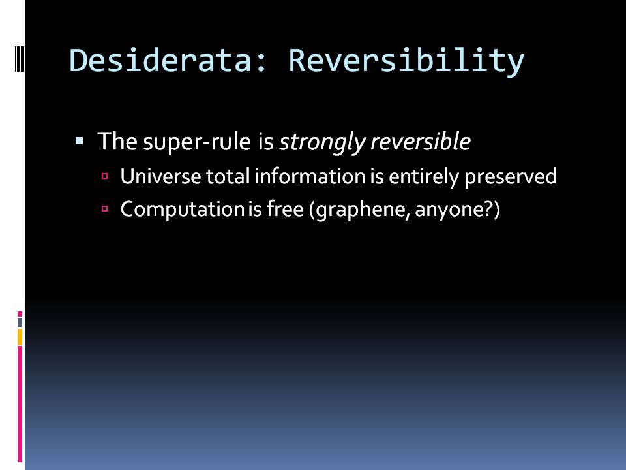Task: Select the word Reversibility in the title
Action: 406,61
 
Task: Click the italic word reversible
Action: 421,142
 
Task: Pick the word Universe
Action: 161,176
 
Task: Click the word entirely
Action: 424,177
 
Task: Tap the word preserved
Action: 510,177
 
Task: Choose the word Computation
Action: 182,209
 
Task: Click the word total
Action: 228,176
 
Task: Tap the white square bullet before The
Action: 79,141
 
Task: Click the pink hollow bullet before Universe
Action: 105,176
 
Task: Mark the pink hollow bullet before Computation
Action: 105,208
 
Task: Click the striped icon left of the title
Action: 20,59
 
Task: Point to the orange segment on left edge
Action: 20,337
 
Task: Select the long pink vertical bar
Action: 20,404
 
